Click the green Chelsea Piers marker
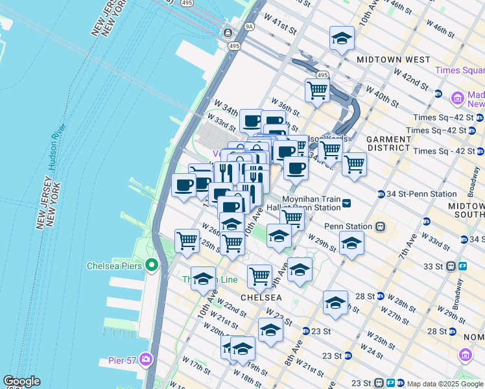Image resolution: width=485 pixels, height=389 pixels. pyautogui.click(x=151, y=266)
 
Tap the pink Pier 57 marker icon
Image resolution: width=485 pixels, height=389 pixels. pyautogui.click(x=146, y=359)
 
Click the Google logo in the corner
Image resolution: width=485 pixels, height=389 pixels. pyautogui.click(x=21, y=382)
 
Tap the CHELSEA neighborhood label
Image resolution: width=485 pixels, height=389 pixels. pyautogui.click(x=261, y=297)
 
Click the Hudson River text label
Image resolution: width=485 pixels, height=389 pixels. pyautogui.click(x=57, y=150)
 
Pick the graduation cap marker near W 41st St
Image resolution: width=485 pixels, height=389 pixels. pyautogui.click(x=342, y=39)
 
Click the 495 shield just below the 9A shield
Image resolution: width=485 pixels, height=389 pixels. pyautogui.click(x=234, y=46)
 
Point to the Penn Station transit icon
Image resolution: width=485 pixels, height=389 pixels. pyautogui.click(x=381, y=227)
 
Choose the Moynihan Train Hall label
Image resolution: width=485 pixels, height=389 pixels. pyautogui.click(x=312, y=204)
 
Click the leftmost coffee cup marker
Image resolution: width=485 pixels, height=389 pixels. pyautogui.click(x=183, y=185)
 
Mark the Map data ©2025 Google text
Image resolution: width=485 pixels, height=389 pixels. pyautogui.click(x=445, y=383)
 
